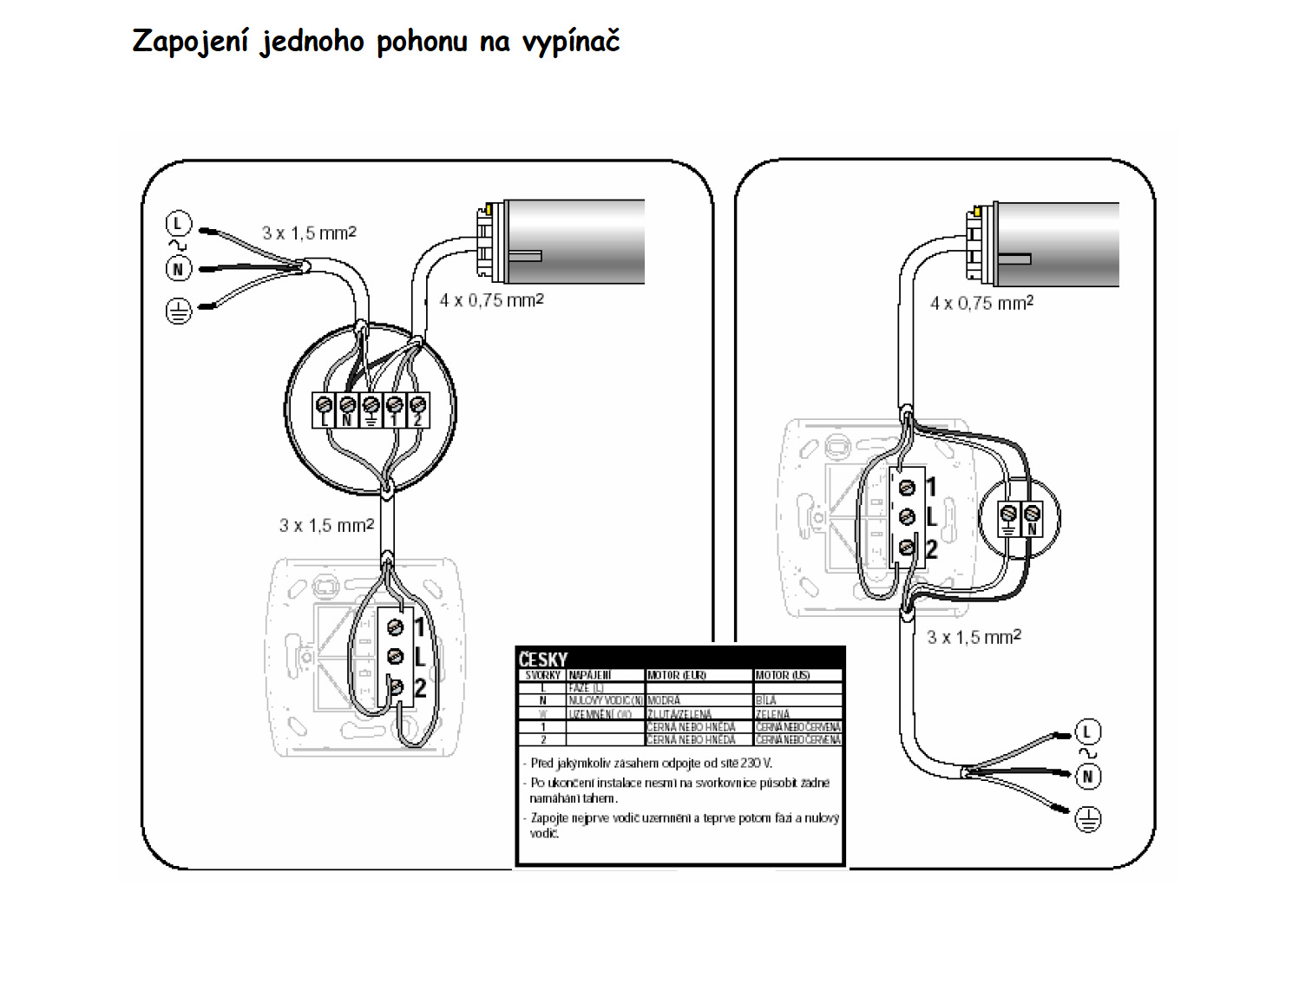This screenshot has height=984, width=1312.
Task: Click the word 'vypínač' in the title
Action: click(570, 42)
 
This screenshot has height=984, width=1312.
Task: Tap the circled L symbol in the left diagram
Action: click(178, 224)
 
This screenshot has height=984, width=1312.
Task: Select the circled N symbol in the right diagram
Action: click(1088, 776)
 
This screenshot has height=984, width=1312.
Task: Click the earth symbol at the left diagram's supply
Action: click(178, 311)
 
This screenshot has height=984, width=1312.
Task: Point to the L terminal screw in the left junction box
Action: click(325, 404)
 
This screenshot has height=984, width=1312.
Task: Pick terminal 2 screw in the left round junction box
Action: click(417, 404)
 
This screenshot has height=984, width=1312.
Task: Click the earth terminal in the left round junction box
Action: click(371, 404)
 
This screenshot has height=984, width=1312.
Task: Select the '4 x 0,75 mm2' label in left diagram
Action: click(491, 300)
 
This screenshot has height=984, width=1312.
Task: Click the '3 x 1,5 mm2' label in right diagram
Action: click(974, 637)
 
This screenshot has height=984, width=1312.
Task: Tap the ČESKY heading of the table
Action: click(542, 659)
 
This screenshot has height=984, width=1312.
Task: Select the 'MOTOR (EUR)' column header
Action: click(676, 675)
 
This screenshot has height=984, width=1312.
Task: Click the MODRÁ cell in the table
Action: click(664, 700)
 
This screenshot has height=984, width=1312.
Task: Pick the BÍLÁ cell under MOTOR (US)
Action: click(766, 700)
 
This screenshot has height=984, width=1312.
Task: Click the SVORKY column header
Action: click(542, 675)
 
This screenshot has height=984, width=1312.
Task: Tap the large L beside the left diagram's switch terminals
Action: click(420, 657)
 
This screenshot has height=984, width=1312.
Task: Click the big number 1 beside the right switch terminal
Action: click(931, 487)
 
